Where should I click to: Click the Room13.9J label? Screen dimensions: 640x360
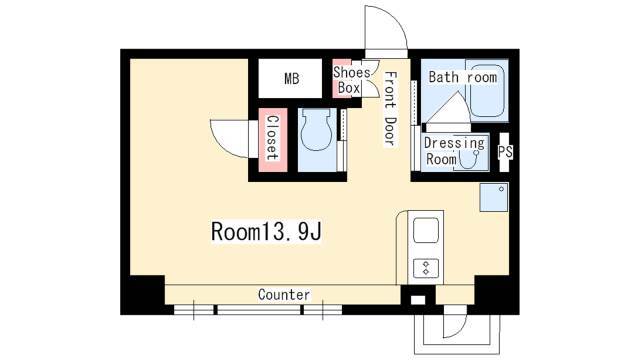(266, 231)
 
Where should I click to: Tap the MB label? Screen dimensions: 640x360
(292, 78)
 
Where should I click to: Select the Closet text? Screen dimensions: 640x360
(272, 138)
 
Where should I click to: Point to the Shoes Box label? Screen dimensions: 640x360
(351, 80)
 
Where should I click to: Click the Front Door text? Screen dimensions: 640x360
(391, 108)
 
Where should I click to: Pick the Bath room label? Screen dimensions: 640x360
(463, 77)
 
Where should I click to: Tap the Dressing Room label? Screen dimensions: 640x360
(454, 151)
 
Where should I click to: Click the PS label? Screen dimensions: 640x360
(505, 151)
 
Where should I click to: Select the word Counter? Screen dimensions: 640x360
(284, 294)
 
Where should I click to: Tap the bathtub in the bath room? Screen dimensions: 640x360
(487, 90)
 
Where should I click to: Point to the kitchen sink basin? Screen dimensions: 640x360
(426, 231)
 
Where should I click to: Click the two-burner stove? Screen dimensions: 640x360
(426, 268)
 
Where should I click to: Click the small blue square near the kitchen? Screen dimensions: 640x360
(494, 198)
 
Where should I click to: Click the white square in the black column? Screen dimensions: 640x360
(418, 300)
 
